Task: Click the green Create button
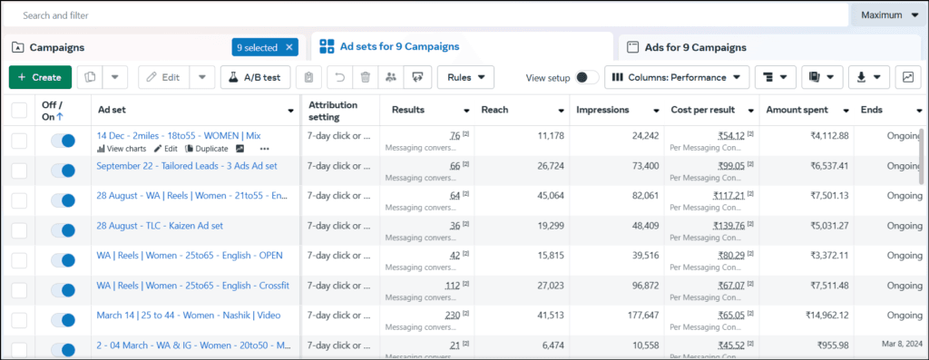click(40, 77)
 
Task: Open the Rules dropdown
click(465, 77)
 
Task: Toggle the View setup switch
click(587, 78)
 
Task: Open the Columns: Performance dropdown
click(677, 77)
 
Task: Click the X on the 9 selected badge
click(289, 47)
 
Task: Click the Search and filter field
click(363, 15)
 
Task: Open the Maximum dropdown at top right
click(889, 15)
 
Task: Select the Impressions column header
click(608, 111)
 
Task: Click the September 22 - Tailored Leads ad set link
click(187, 166)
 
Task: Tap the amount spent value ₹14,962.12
click(821, 316)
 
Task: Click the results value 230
click(452, 316)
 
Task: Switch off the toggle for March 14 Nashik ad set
click(63, 319)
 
